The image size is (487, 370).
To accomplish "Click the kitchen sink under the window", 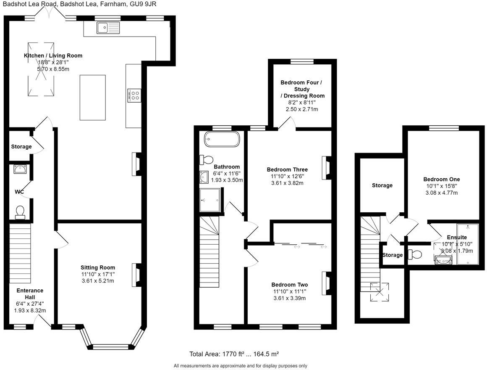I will (108, 28).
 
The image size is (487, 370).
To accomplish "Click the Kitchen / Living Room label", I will (53, 55).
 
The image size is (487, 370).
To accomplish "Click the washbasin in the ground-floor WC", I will (20, 169).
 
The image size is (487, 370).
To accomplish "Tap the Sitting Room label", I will (98, 267).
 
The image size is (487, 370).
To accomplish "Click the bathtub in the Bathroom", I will (222, 139).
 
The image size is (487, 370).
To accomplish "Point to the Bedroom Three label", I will (288, 170).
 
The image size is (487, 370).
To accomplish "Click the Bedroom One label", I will (441, 179).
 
